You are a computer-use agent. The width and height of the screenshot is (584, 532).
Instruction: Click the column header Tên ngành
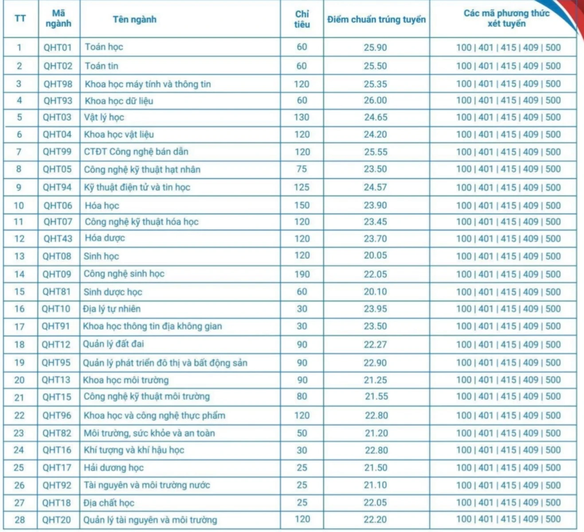(134, 19)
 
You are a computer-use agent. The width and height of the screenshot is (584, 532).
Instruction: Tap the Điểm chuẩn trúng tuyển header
(376, 20)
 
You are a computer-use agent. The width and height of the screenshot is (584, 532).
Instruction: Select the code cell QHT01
(58, 47)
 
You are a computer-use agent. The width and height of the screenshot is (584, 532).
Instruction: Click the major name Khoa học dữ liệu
(119, 101)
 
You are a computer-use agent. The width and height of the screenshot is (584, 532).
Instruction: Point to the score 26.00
(375, 101)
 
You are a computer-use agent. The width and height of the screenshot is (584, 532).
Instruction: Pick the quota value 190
(302, 274)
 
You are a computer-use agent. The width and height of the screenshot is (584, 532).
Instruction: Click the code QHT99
(57, 152)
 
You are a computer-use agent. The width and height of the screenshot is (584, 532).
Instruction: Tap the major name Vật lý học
(104, 117)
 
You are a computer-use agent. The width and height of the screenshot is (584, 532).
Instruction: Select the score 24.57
(375, 187)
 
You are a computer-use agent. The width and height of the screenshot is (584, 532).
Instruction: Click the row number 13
(19, 256)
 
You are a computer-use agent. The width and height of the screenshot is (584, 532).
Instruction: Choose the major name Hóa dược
(105, 239)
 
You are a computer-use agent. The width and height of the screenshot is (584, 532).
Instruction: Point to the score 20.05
(375, 256)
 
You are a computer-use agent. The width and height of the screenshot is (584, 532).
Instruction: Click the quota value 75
(302, 169)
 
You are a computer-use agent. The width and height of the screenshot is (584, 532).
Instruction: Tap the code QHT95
(56, 363)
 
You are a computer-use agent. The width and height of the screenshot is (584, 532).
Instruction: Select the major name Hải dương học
(114, 468)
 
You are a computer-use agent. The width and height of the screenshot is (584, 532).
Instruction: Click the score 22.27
(375, 344)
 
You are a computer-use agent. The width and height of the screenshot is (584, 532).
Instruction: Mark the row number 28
(20, 520)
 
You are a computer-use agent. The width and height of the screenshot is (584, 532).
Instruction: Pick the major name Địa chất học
(109, 503)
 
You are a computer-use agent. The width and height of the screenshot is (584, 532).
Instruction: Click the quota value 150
(302, 205)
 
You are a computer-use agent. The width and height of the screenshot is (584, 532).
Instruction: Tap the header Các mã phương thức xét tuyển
(506, 19)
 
